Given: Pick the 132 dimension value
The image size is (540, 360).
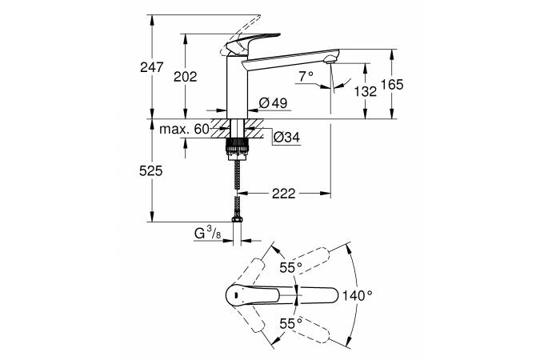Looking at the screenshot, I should pyautogui.click(x=365, y=90).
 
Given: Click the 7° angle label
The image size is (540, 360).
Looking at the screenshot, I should pyautogui.click(x=305, y=77).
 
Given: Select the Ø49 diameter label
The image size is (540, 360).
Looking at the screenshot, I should pyautogui.click(x=274, y=102).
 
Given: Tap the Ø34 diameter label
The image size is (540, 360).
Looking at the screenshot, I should pyautogui.click(x=286, y=138).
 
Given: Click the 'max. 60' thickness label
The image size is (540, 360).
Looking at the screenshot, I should pyautogui.click(x=183, y=129).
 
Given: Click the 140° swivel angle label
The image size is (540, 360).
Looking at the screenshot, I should pyautogui.click(x=358, y=295).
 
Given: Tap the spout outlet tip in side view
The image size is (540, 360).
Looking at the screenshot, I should pyautogui.click(x=330, y=60).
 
